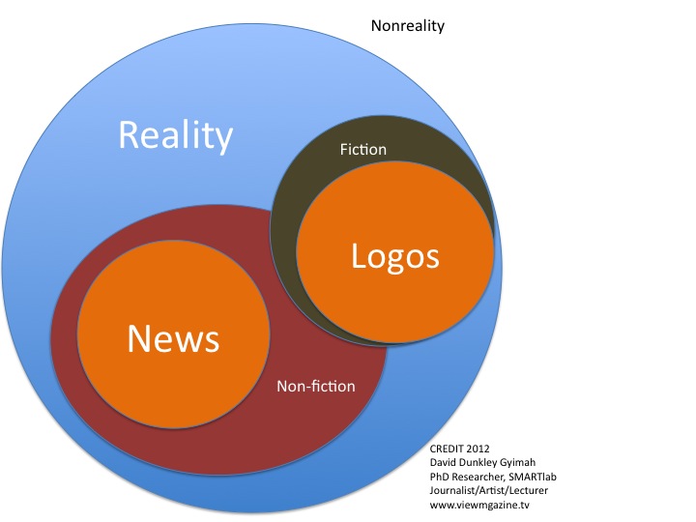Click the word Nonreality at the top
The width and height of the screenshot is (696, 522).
[x=408, y=26]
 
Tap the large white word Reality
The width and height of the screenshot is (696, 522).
[x=175, y=135]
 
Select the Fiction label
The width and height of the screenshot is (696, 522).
[x=363, y=150]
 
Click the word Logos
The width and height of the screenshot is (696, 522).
[x=394, y=256]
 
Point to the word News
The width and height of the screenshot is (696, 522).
[x=174, y=338]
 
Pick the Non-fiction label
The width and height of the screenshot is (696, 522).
[x=316, y=387]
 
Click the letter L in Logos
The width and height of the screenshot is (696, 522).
[x=358, y=256]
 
